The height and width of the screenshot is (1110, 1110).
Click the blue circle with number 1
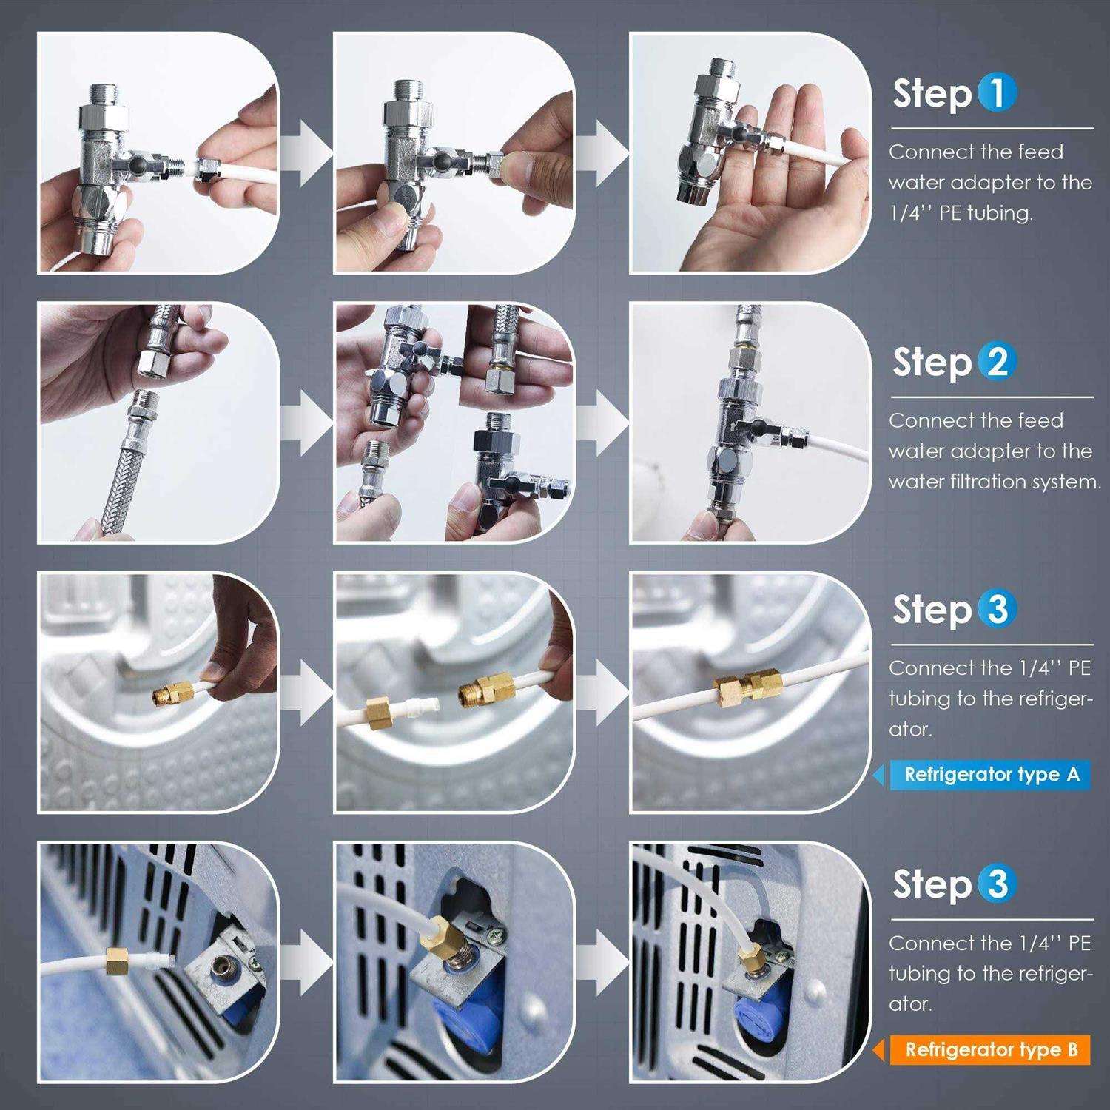[997, 92]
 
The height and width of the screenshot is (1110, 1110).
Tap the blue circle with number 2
[997, 361]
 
